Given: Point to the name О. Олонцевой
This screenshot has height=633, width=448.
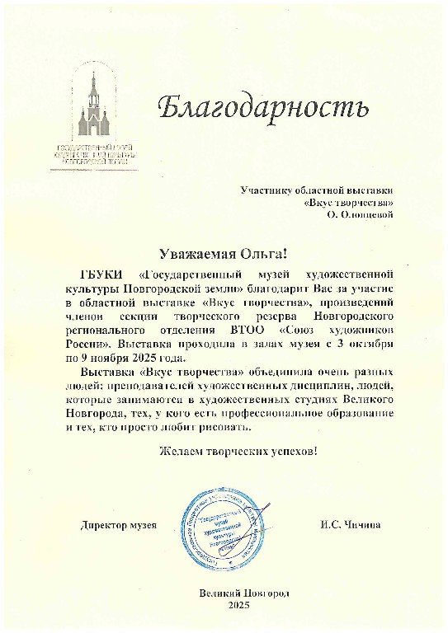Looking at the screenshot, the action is pos(360,213).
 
